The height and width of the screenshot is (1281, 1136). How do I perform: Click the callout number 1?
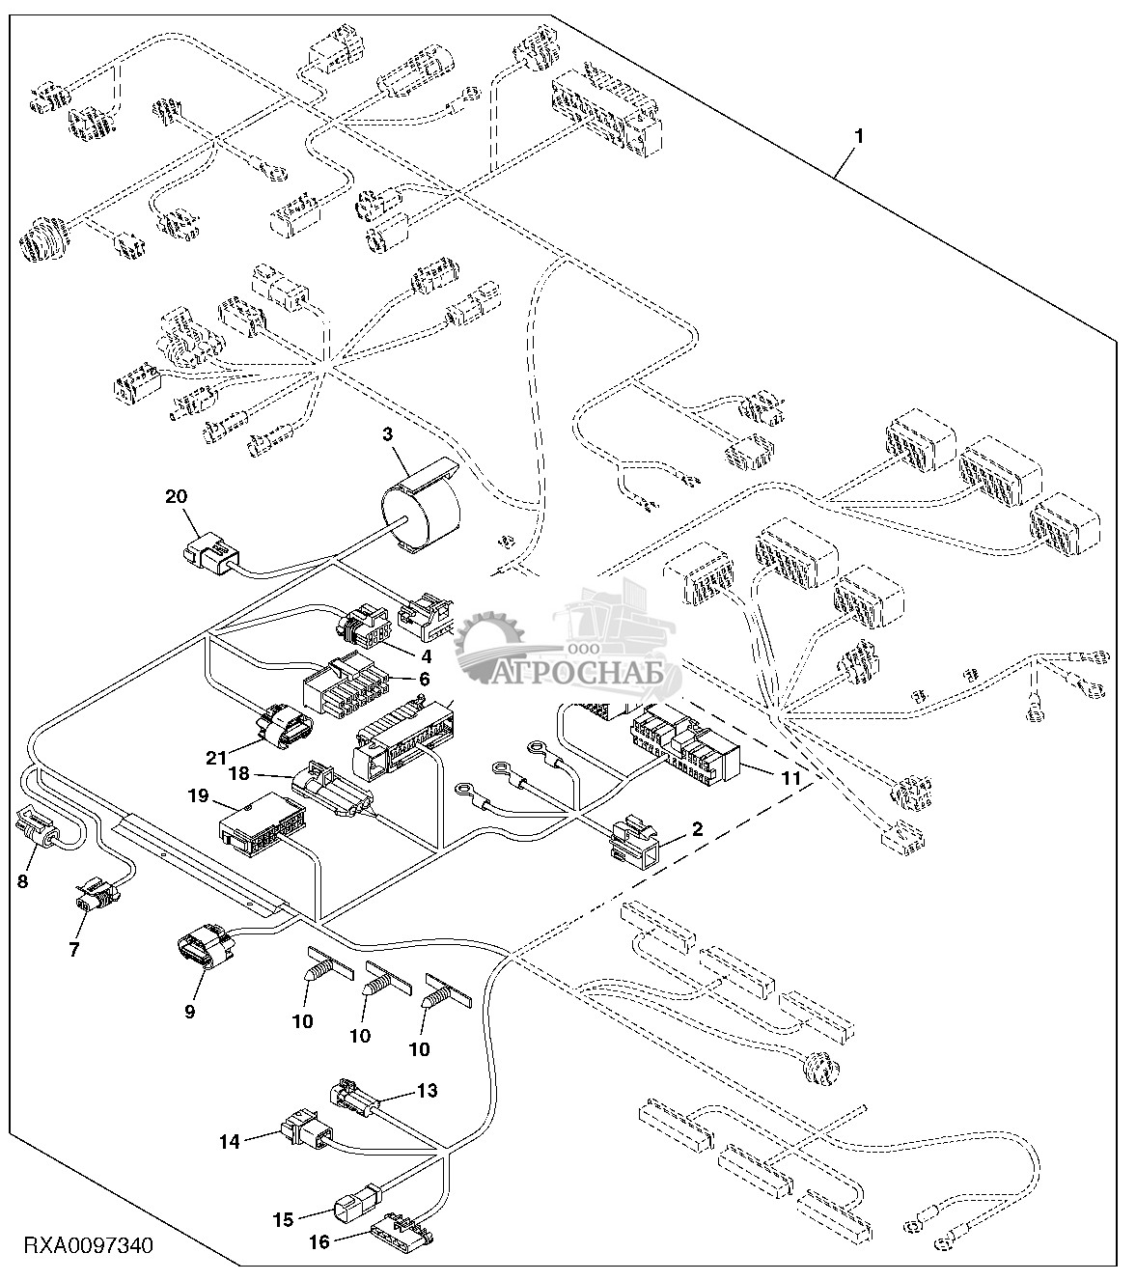coord(859,136)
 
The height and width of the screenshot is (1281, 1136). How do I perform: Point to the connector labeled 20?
coord(209,557)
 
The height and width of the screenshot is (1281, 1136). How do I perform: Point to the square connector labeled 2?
coord(633,836)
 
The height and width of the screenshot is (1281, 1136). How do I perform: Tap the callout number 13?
coord(427,1090)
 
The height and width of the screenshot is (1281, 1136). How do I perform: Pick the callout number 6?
coord(422,678)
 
